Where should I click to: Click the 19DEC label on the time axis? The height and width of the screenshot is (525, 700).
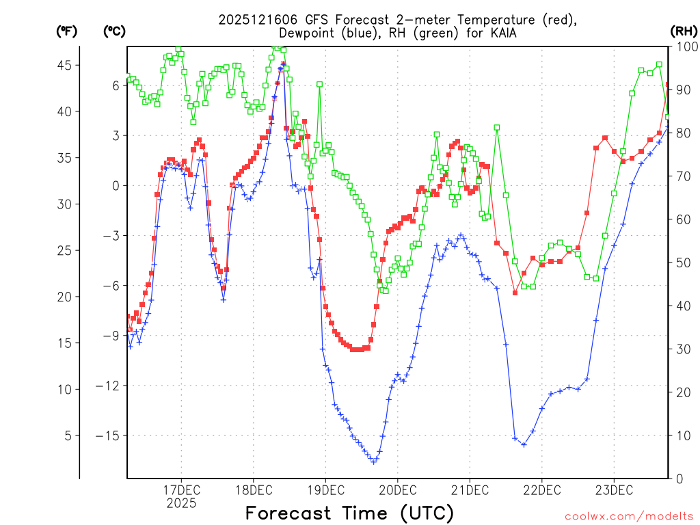(x=325, y=489)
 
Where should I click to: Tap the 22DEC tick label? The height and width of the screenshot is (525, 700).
(x=542, y=489)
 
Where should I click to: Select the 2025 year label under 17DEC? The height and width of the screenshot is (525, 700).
(x=181, y=503)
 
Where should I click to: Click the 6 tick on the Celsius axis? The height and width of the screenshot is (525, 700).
(x=116, y=85)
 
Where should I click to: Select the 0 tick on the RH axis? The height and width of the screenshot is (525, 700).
(x=679, y=479)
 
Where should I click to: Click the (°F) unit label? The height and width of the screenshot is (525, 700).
(x=67, y=31)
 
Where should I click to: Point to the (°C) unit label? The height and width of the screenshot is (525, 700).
(x=114, y=31)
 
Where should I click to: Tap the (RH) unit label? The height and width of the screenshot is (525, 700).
(x=684, y=31)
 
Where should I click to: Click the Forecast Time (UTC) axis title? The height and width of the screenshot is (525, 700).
(x=349, y=513)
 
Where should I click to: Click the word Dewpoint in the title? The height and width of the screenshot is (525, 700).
(x=309, y=33)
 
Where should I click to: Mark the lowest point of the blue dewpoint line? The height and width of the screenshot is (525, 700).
(x=374, y=462)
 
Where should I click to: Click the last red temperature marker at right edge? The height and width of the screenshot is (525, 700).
(x=668, y=84)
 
